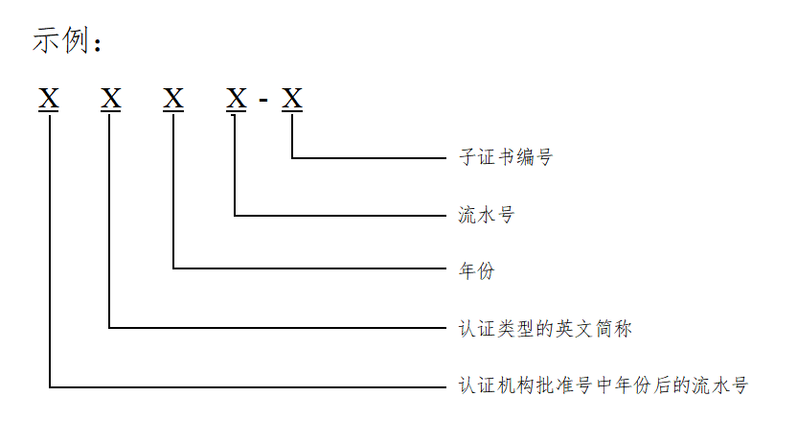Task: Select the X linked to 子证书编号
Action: (x=292, y=98)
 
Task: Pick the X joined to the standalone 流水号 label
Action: (x=236, y=98)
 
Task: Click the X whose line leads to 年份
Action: (x=173, y=98)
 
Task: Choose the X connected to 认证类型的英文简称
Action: (x=111, y=98)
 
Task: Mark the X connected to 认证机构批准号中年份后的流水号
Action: (x=49, y=98)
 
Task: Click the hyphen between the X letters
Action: (x=263, y=99)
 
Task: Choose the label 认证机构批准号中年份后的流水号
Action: (x=603, y=386)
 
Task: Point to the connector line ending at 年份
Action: (x=307, y=268)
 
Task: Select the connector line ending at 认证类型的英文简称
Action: (x=278, y=328)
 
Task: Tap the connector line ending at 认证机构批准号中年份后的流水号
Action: (x=249, y=387)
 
